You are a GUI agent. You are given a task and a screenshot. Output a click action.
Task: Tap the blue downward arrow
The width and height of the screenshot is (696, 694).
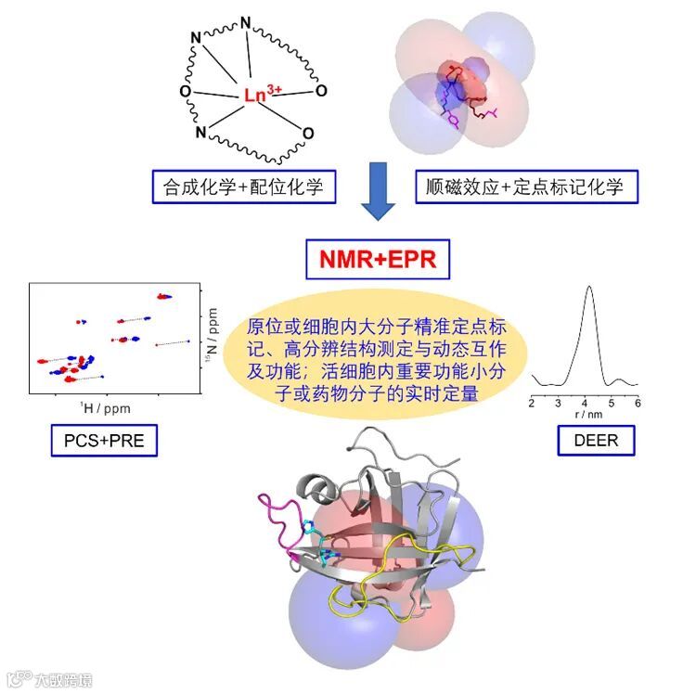(379, 191)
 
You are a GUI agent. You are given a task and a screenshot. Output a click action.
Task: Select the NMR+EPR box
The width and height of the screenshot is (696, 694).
(380, 258)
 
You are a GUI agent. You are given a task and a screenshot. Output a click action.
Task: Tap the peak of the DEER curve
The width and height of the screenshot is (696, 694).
(589, 288)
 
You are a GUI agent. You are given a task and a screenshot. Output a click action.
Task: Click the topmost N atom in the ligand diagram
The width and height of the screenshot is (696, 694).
(245, 22)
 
